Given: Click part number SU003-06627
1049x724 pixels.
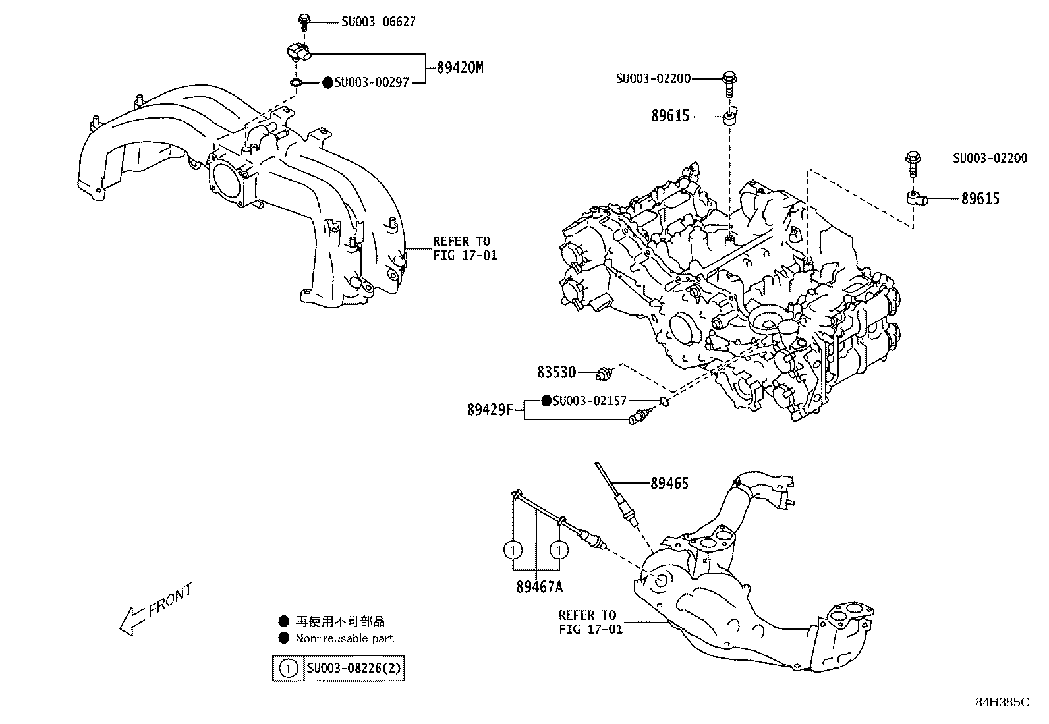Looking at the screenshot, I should pyautogui.click(x=378, y=22).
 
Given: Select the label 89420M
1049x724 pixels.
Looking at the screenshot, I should pyautogui.click(x=460, y=67).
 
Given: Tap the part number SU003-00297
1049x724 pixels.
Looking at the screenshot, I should pyautogui.click(x=371, y=82).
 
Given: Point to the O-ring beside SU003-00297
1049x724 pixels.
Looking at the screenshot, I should pyautogui.click(x=297, y=83).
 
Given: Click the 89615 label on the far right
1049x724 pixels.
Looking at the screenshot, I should pyautogui.click(x=980, y=198).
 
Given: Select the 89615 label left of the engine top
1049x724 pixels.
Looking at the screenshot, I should pyautogui.click(x=670, y=116).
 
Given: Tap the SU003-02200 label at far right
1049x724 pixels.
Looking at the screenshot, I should pyautogui.click(x=990, y=158).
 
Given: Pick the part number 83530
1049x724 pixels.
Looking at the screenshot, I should pyautogui.click(x=556, y=372).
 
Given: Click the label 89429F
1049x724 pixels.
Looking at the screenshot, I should pyautogui.click(x=490, y=410).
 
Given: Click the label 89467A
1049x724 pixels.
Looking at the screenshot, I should pyautogui.click(x=539, y=587).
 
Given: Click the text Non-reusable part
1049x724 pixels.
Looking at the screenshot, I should pyautogui.click(x=344, y=638).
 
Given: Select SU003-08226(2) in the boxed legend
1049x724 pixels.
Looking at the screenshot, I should pyautogui.click(x=354, y=669).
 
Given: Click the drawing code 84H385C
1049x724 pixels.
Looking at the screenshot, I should pyautogui.click(x=1002, y=702).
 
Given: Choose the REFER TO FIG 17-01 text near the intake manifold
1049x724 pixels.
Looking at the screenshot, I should pyautogui.click(x=465, y=248).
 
